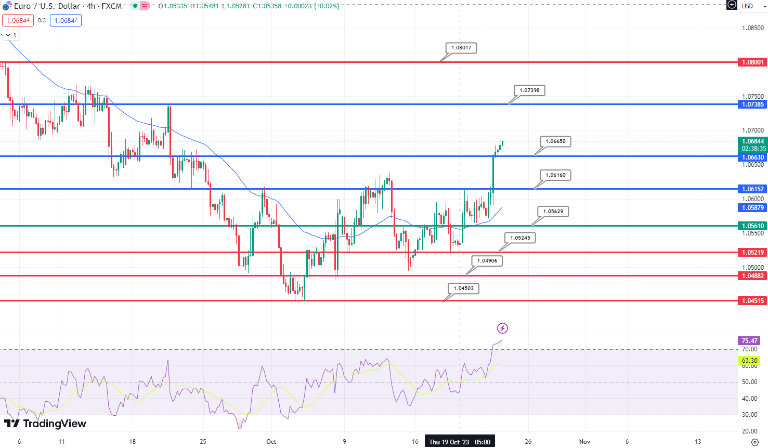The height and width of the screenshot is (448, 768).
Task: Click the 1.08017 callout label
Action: click(x=461, y=48)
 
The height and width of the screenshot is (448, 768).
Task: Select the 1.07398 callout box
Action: click(x=529, y=90)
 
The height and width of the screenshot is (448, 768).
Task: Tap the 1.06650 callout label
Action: click(x=555, y=141)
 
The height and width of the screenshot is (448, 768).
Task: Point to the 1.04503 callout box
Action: click(x=463, y=288)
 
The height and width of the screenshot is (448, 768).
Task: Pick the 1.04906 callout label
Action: click(x=487, y=261)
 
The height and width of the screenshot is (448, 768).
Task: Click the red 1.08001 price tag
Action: click(x=752, y=62)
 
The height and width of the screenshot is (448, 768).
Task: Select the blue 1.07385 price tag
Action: click(x=752, y=104)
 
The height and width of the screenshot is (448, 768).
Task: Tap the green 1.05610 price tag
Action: click(x=752, y=226)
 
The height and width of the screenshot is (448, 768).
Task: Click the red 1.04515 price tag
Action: click(x=752, y=301)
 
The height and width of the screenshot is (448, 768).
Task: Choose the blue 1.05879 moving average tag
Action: click(x=752, y=208)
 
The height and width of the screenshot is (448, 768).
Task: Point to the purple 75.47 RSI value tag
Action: click(x=749, y=341)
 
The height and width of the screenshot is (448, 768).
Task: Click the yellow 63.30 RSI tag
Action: click(x=749, y=361)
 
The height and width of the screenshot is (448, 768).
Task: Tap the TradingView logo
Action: click(x=45, y=424)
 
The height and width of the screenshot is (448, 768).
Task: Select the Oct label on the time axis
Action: click(x=271, y=442)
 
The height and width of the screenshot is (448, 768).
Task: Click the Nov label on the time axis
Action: click(x=584, y=442)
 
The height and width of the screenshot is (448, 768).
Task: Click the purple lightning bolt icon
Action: click(x=502, y=328)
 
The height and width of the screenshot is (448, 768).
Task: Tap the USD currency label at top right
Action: click(x=747, y=6)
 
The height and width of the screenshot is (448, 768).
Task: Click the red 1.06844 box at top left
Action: click(x=18, y=21)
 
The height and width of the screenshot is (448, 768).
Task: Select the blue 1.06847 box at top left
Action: click(x=66, y=21)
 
